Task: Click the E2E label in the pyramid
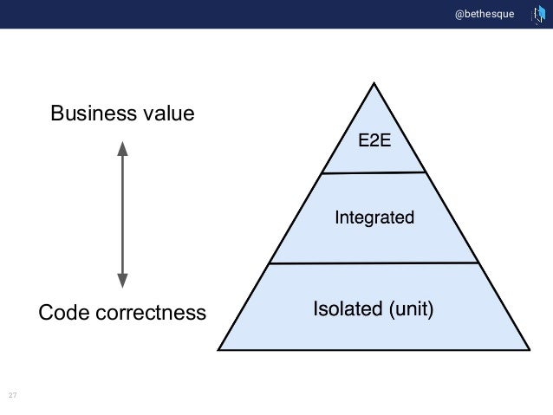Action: pyautogui.click(x=374, y=141)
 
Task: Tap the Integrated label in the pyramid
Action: pyautogui.click(x=374, y=217)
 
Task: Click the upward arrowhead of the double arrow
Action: pyautogui.click(x=122, y=149)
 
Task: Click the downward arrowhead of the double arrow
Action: pyautogui.click(x=122, y=279)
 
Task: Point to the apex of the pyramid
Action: pyautogui.click(x=374, y=84)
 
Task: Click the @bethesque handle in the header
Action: pyautogui.click(x=484, y=14)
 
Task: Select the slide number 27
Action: pyautogui.click(x=12, y=396)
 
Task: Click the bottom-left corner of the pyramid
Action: pyautogui.click(x=218, y=350)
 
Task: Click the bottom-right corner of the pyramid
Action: pyautogui.click(x=530, y=350)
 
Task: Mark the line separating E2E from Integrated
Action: pyautogui.click(x=374, y=173)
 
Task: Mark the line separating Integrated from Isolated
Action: pyautogui.click(x=374, y=263)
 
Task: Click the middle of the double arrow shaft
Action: pyautogui.click(x=122, y=214)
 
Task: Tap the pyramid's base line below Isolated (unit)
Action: pyautogui.click(x=374, y=350)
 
